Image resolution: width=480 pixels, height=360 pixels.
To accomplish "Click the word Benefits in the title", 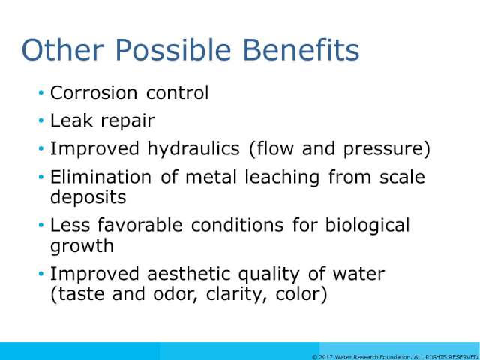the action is (x=301, y=50).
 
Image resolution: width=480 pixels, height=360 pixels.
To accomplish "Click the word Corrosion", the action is (x=94, y=92).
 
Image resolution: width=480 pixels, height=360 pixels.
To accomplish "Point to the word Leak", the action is (x=71, y=120).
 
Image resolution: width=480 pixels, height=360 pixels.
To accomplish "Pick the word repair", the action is (x=127, y=122).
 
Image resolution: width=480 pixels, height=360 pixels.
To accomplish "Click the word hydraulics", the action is (x=193, y=149).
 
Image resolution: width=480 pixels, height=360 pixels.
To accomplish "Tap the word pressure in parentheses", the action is (x=384, y=150).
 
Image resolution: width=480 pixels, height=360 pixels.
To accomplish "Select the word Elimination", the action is (x=100, y=177).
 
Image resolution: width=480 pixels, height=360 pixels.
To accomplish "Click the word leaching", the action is (x=282, y=178).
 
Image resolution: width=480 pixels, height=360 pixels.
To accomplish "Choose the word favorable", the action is (x=140, y=225).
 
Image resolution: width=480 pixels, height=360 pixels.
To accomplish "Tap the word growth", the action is (x=82, y=246).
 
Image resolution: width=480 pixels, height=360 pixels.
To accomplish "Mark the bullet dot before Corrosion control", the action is (x=41, y=93).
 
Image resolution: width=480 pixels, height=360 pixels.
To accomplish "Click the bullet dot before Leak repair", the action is (x=41, y=121).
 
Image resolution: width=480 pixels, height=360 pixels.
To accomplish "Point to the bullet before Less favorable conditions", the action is (x=41, y=225).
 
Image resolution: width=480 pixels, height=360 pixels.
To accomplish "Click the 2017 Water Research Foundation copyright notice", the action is (x=395, y=357).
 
